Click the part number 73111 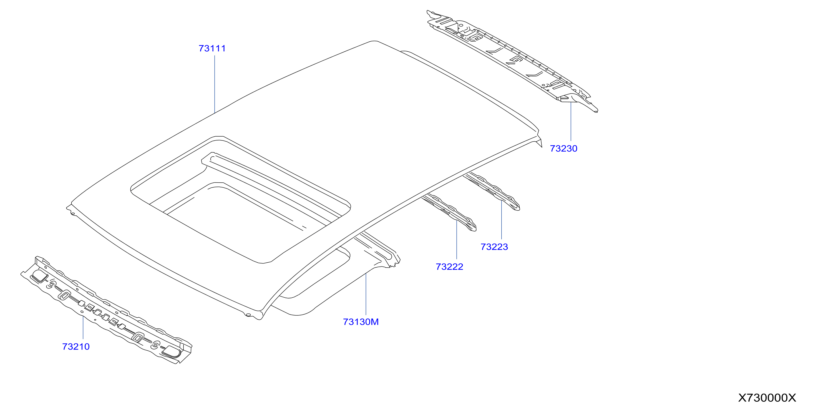tap(212, 49)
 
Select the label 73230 tap(563, 149)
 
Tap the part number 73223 tap(494, 247)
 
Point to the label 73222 tap(449, 267)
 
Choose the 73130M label tap(361, 322)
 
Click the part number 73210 tap(76, 346)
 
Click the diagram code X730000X tap(767, 398)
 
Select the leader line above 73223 tap(501, 220)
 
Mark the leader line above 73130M tap(366, 294)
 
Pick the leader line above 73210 tap(83, 328)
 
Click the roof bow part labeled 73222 tap(450, 212)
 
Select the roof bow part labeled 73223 tap(494, 192)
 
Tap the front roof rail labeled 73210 tap(106, 310)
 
